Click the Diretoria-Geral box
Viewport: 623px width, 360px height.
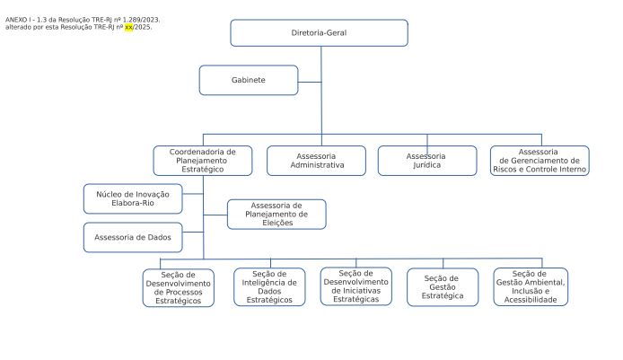319,33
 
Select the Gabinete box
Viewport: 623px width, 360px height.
249,80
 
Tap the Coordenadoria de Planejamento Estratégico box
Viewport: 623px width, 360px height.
203,161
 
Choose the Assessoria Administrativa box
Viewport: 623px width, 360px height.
316,161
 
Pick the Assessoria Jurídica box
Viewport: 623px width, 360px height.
427,161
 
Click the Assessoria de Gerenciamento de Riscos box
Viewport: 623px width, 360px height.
540,161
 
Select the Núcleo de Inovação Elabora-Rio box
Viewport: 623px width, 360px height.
133,198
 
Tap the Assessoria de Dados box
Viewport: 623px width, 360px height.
133,237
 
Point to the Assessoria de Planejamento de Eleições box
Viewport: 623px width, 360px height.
276,215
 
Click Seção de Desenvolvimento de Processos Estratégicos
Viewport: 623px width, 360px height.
179,288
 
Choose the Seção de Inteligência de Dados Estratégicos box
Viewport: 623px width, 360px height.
269,287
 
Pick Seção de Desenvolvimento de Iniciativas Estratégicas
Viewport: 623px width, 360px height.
356,286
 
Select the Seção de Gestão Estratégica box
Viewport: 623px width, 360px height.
443,287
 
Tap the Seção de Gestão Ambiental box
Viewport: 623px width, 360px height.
531,286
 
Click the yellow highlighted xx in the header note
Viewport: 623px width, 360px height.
128,28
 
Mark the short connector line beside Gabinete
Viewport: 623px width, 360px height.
310,83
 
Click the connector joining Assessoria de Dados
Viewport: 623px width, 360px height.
193,232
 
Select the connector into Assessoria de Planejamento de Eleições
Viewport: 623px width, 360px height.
215,215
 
